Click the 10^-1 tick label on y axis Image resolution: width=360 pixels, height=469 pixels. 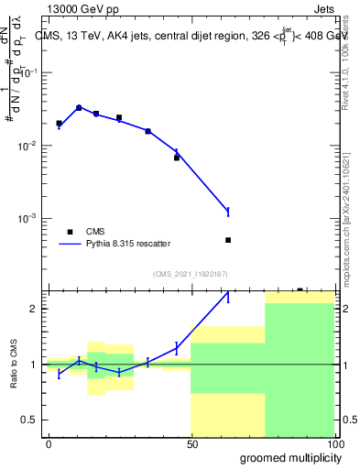28,72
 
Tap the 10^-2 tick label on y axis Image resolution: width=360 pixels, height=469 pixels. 28,146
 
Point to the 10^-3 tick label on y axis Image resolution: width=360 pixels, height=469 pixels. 28,219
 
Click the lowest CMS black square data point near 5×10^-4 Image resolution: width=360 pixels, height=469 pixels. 228,240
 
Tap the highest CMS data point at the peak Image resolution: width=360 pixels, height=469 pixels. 79,107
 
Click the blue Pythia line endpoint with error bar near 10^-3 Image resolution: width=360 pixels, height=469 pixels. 228,212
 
